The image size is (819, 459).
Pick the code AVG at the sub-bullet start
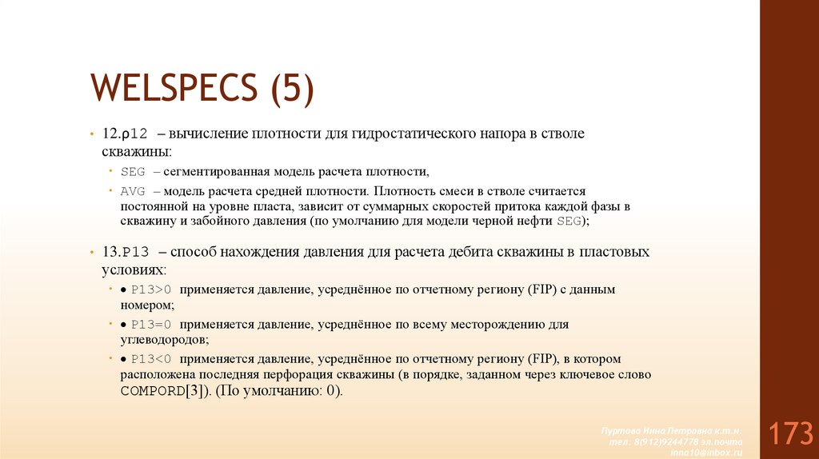tap(132, 192)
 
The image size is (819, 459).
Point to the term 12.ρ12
tap(123, 134)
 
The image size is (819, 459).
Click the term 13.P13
tap(125, 252)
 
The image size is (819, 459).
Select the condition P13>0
tap(153, 290)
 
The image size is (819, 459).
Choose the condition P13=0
tap(153, 325)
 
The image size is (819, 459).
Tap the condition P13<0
tap(153, 359)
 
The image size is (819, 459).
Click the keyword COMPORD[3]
tap(165, 391)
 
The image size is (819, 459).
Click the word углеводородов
tap(162, 339)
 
